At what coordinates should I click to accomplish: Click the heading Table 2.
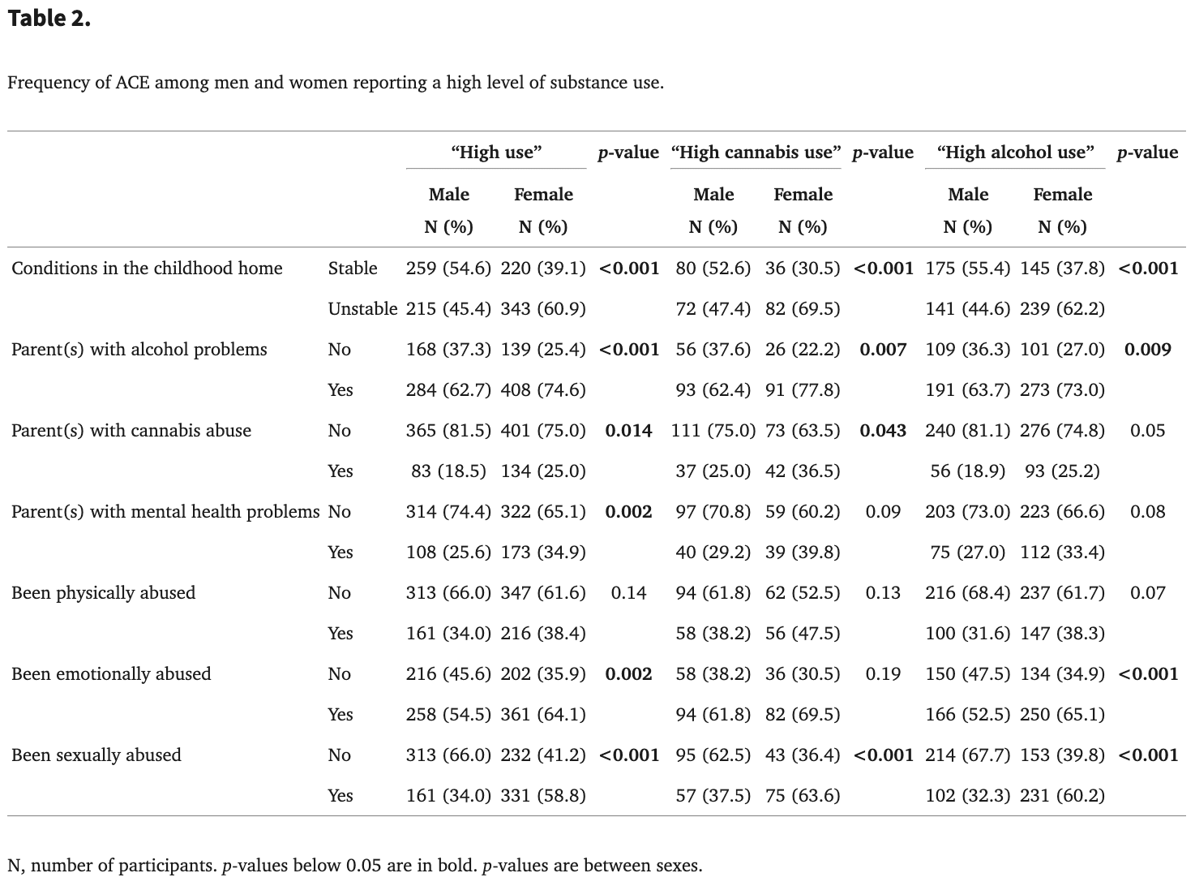coord(49,19)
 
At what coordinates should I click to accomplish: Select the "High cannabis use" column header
coord(756,153)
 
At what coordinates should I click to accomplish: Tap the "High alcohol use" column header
coord(1015,153)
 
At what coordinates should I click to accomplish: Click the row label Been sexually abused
coord(96,755)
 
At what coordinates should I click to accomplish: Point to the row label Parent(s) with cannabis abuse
coord(131,431)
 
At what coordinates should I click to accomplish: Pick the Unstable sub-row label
coord(362,309)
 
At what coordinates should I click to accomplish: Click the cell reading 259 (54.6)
coord(448,269)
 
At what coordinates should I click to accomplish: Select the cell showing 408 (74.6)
coord(543,390)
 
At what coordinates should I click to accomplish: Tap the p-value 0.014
coord(628,431)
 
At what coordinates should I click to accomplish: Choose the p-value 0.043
coord(883,431)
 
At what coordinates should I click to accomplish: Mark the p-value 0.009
coord(1147,350)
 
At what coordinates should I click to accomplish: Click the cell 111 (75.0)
coord(713,431)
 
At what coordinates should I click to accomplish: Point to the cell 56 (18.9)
coord(967,471)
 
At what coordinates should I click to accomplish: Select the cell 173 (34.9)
coord(543,553)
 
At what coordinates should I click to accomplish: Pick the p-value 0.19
coord(883,674)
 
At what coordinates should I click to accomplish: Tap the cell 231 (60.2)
coord(1062,796)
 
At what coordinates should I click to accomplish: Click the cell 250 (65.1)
coord(1062,715)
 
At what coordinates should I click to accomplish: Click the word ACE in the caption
coord(132,83)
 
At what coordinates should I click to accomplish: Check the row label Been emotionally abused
coord(111,674)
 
